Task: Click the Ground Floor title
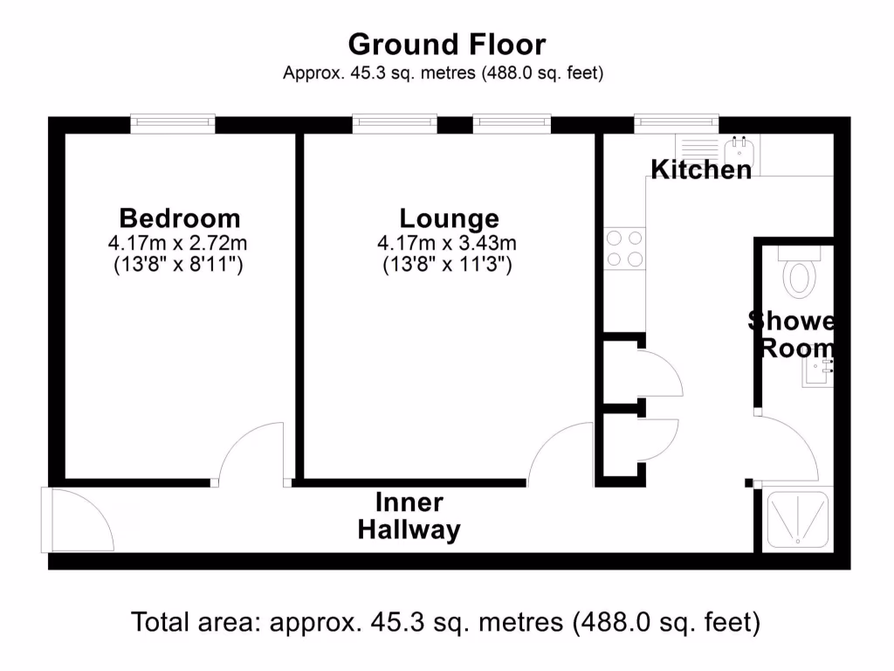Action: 446,44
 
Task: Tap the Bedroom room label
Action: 179,218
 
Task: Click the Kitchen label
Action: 701,169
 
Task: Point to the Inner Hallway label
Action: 409,516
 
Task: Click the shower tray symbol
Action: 798,521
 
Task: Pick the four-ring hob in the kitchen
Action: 624,247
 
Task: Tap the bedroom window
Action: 173,124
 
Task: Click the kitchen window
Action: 676,124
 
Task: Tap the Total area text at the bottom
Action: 446,623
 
